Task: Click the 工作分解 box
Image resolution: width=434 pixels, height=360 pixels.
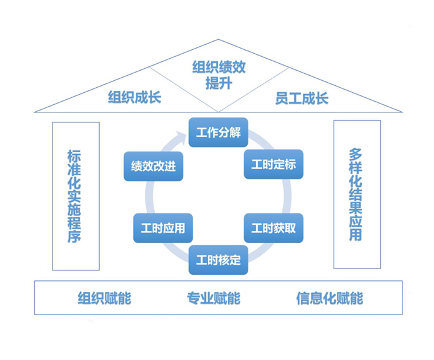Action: [218, 133]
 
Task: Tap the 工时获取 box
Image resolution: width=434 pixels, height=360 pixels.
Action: [274, 228]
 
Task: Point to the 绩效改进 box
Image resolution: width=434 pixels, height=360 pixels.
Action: [153, 166]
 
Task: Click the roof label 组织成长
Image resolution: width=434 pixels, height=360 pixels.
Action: [134, 98]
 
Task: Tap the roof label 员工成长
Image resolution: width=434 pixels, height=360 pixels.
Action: [302, 98]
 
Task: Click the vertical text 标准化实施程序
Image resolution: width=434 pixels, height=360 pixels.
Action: [75, 196]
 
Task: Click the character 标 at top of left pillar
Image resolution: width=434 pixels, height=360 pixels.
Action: [75, 156]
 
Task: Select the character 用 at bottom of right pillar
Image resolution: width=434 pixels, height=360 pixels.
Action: [356, 234]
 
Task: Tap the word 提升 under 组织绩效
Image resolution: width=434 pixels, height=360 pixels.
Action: [218, 83]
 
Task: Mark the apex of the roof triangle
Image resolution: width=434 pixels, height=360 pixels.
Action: [218, 40]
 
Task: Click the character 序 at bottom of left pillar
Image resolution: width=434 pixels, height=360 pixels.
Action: [75, 236]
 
